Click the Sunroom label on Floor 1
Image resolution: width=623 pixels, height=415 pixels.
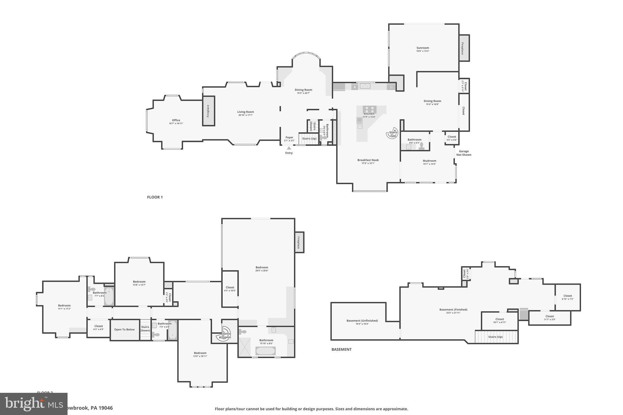point(423,48)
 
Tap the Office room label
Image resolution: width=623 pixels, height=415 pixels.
point(176,120)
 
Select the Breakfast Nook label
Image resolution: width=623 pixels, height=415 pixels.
point(368,160)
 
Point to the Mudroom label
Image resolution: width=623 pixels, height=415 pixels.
point(429,161)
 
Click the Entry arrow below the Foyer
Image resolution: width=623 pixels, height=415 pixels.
point(289,148)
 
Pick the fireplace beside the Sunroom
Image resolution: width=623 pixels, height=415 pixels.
point(464,48)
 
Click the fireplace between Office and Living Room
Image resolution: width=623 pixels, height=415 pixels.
point(209,111)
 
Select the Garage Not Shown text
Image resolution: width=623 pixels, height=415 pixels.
point(464,153)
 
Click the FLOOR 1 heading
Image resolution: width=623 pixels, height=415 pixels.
point(155,197)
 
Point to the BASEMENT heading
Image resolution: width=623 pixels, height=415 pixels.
point(341,349)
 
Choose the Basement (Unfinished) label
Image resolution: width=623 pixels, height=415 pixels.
point(362,320)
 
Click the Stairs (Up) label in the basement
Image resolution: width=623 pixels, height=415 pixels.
point(495,337)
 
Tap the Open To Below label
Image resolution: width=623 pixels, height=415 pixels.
point(124,330)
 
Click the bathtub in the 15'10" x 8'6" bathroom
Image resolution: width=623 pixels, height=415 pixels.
point(265,351)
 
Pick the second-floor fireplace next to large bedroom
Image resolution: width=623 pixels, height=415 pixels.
point(299,242)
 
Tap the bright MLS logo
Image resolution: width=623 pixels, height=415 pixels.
point(33,404)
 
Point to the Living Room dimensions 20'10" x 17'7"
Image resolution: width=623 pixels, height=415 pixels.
point(245,115)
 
